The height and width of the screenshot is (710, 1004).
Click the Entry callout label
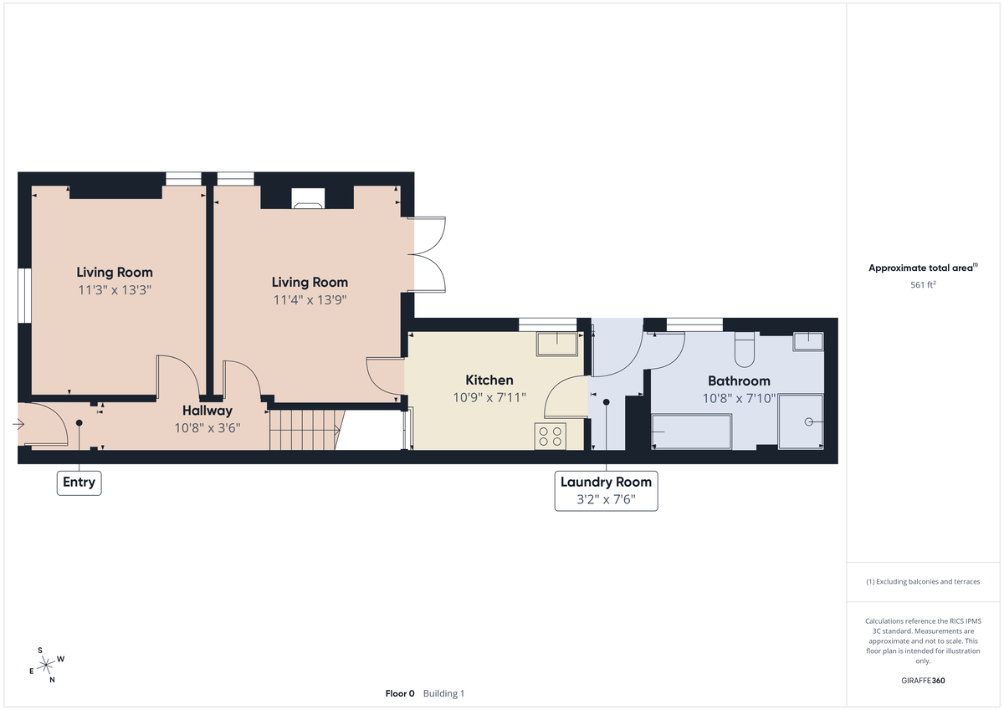(79, 483)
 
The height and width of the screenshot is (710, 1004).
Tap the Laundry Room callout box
(606, 491)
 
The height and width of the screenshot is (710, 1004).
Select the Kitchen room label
(489, 380)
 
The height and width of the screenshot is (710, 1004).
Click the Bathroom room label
(736, 381)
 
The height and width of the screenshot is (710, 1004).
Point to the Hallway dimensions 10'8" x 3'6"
(207, 427)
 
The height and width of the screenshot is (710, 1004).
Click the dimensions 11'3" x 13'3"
(115, 289)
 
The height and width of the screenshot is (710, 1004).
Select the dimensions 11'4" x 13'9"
(310, 299)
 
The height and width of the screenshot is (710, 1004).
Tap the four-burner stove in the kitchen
(551, 436)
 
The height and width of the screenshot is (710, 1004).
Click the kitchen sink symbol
(558, 343)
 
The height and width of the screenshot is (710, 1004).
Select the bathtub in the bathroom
(691, 432)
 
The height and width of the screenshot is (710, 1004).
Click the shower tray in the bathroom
(801, 422)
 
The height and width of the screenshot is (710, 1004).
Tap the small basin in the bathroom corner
(808, 340)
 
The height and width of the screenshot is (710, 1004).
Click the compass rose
(47, 665)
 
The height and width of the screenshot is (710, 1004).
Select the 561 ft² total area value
(922, 284)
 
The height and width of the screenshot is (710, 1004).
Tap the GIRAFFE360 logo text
(922, 681)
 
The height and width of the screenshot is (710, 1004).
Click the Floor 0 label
(400, 693)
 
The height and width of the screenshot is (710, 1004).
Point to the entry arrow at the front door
(18, 425)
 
